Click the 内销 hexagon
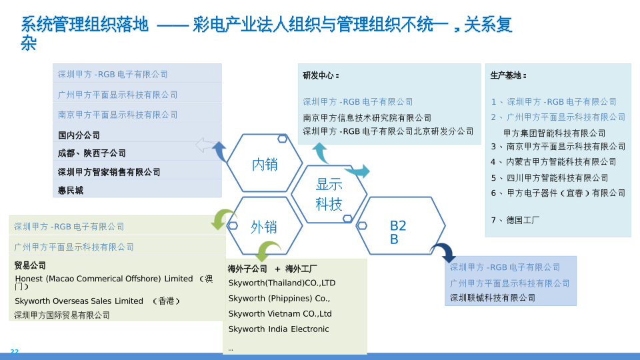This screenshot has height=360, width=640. pyautogui.click(x=265, y=164)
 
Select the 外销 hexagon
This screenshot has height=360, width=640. pyautogui.click(x=264, y=227)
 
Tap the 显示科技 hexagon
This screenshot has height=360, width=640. pyautogui.click(x=329, y=194)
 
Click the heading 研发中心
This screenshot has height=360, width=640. pyautogui.click(x=321, y=76)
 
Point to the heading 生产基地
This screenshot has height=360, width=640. pyautogui.click(x=508, y=76)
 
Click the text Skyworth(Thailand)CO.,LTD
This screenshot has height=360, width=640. pyautogui.click(x=282, y=283)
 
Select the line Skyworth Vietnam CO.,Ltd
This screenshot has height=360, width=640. pyautogui.click(x=280, y=314)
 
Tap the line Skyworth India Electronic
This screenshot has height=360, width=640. pyautogui.click(x=279, y=329)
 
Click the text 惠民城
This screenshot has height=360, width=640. pyautogui.click(x=71, y=191)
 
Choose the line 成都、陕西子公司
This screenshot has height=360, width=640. pyautogui.click(x=92, y=153)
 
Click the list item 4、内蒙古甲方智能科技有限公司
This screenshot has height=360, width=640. pyautogui.click(x=553, y=162)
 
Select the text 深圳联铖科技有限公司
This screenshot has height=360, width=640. pyautogui.click(x=493, y=298)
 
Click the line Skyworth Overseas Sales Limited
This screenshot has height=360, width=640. pyautogui.click(x=79, y=301)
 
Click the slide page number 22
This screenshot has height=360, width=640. pyautogui.click(x=15, y=352)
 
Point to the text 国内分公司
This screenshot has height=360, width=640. pyautogui.click(x=79, y=135)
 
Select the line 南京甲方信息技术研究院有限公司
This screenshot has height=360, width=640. pyautogui.click(x=367, y=118)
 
